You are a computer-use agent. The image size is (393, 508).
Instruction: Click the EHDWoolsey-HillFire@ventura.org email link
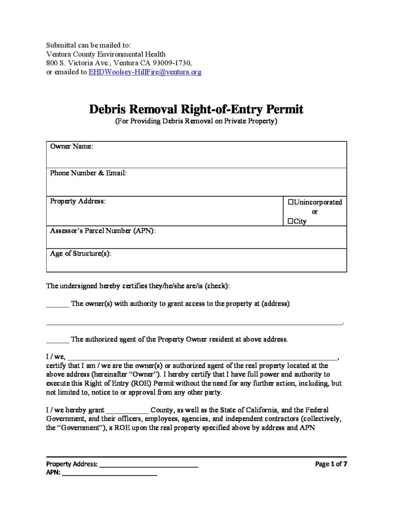pyautogui.click(x=145, y=72)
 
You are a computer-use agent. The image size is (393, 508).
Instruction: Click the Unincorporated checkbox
pyautogui.click(x=291, y=202)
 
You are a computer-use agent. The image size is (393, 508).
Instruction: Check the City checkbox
pyautogui.click(x=291, y=221)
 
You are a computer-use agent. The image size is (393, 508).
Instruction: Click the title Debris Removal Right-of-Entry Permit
pyautogui.click(x=196, y=109)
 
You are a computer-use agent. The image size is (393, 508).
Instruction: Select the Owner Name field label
pyautogui.click(x=72, y=147)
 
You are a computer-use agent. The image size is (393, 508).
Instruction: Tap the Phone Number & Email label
pyautogui.click(x=88, y=174)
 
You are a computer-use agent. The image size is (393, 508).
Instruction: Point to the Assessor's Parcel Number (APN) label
pyautogui.click(x=103, y=231)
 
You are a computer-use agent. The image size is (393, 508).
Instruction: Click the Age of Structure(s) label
pyautogui.click(x=80, y=254)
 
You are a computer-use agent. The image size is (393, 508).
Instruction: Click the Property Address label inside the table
pyautogui.click(x=78, y=201)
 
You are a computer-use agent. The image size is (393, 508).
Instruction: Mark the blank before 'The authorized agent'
pyautogui.click(x=57, y=341)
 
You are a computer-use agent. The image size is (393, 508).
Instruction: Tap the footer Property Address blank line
pyautogui.click(x=149, y=466)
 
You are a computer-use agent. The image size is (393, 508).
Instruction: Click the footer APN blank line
pyautogui.click(x=109, y=474)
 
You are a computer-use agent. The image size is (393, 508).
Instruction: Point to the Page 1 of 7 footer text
pyautogui.click(x=331, y=464)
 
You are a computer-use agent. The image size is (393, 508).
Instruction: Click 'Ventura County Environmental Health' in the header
pyautogui.click(x=106, y=54)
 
